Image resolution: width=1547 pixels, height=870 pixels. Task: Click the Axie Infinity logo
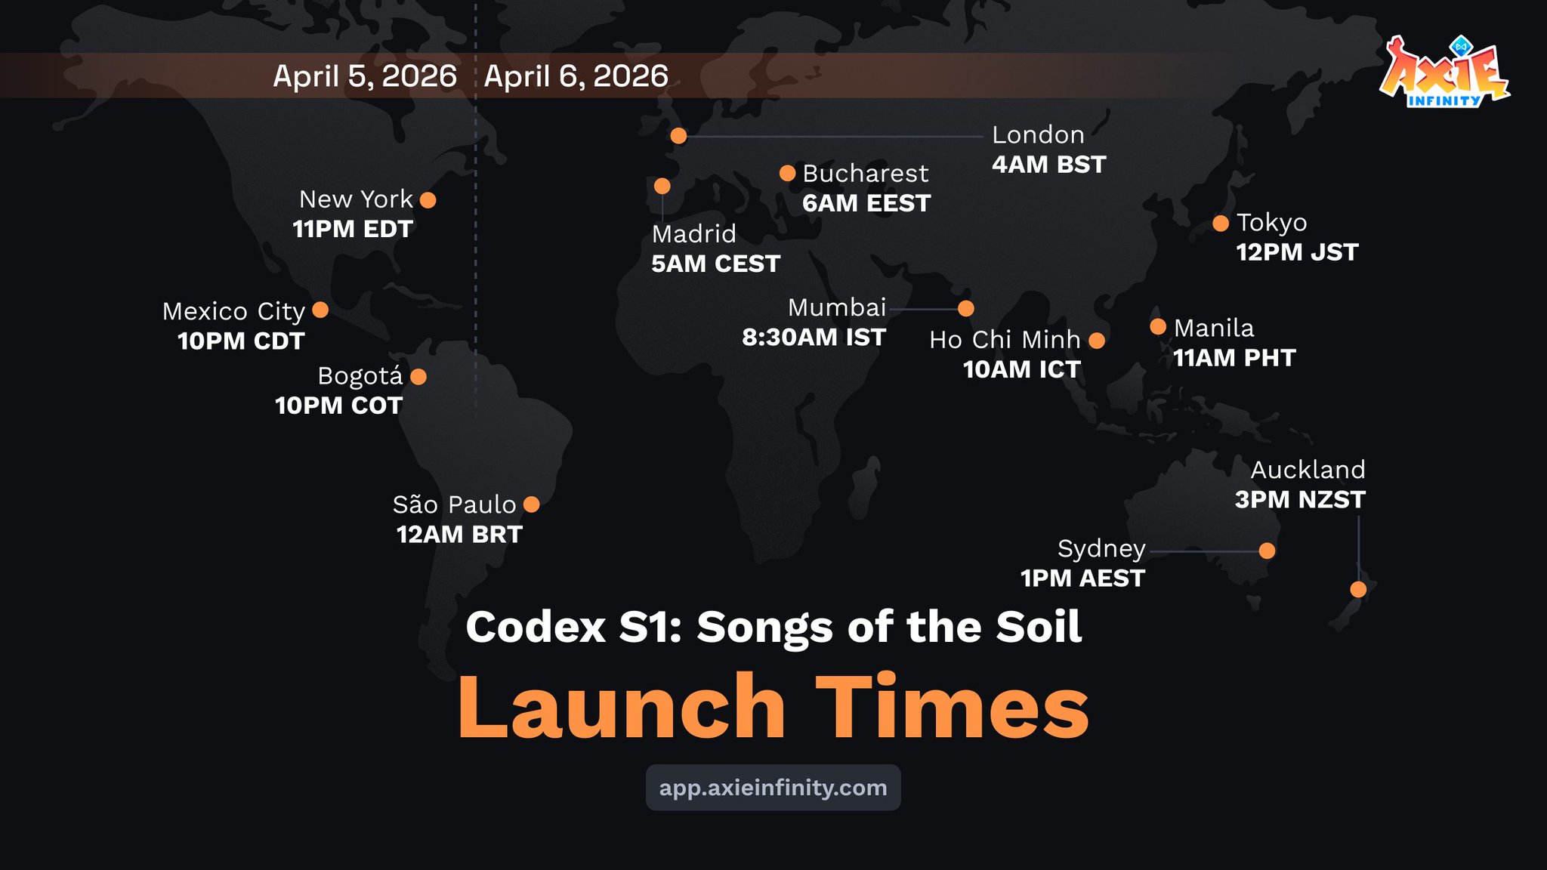(1444, 72)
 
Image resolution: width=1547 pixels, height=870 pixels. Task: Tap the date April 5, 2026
(365, 76)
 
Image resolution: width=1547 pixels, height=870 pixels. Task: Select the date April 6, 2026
(576, 76)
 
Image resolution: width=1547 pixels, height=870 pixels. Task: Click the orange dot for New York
(428, 200)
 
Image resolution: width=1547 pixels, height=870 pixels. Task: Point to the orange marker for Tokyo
(1221, 224)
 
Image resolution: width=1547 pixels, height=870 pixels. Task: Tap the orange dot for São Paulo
(532, 504)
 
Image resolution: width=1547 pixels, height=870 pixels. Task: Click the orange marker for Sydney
(1268, 551)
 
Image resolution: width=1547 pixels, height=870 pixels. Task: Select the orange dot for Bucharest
(787, 174)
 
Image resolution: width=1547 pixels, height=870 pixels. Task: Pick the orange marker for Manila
(1158, 326)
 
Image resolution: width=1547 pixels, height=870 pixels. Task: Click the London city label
(1038, 135)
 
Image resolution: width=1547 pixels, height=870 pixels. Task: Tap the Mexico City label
(233, 312)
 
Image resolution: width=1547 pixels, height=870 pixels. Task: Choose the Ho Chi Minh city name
(1005, 340)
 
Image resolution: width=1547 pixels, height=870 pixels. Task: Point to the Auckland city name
(1308, 470)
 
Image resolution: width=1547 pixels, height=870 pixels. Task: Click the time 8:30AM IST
(814, 338)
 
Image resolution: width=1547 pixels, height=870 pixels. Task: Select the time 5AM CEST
(715, 264)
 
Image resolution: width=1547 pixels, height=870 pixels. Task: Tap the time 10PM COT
(338, 406)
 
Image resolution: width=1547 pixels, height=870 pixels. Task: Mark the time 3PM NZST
(1300, 500)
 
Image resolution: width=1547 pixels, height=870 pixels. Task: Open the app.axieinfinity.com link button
(773, 788)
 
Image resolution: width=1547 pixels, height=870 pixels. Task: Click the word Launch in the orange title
(622, 707)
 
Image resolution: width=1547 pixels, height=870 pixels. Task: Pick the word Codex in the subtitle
(536, 627)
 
